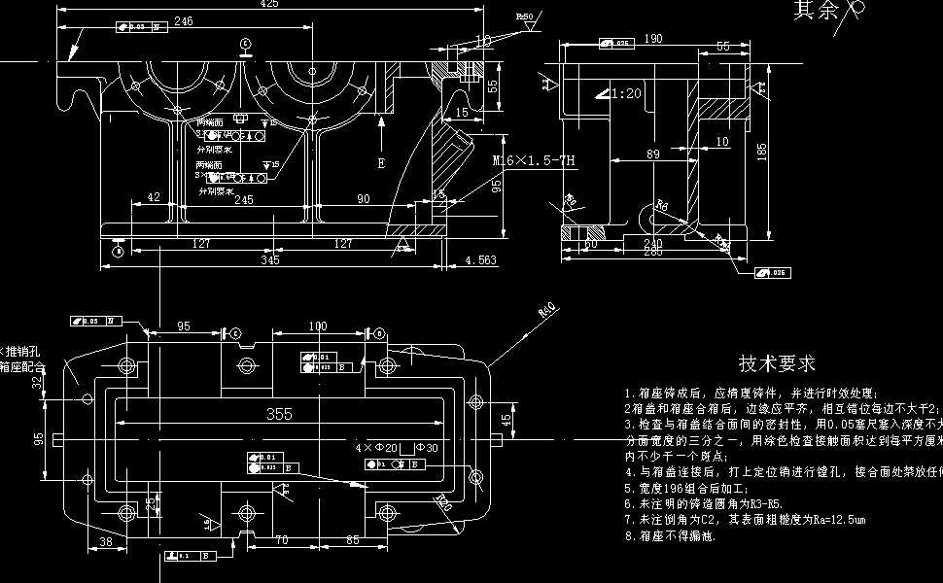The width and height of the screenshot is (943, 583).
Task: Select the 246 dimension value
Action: click(183, 20)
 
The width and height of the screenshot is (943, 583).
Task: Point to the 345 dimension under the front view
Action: click(270, 259)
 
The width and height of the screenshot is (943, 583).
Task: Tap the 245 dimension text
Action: click(244, 200)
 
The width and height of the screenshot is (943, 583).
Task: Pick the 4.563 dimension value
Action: click(481, 259)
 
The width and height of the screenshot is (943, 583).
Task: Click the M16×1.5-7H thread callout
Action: click(535, 160)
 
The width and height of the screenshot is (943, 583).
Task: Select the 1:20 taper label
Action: click(626, 93)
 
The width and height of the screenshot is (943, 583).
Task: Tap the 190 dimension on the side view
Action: click(653, 39)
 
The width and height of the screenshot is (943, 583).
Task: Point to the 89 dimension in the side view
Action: click(653, 154)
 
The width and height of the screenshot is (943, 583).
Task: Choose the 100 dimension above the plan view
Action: click(317, 326)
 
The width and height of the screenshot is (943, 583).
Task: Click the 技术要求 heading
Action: click(777, 364)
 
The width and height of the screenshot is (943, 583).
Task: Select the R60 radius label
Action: click(547, 312)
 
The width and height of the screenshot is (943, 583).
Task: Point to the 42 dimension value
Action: click(154, 197)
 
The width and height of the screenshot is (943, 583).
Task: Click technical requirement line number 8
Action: click(672, 536)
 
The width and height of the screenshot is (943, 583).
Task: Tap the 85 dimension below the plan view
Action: click(351, 542)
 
